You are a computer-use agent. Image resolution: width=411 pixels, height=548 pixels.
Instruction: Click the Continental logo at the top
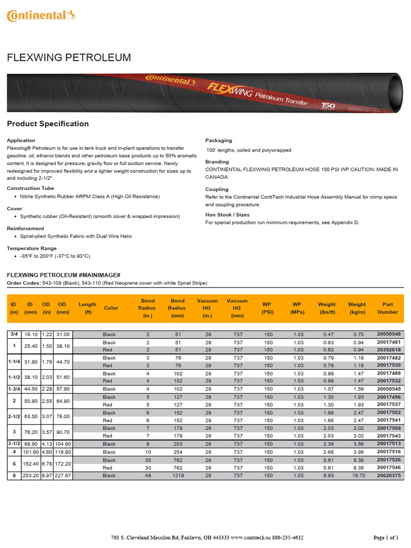pyautogui.click(x=41, y=16)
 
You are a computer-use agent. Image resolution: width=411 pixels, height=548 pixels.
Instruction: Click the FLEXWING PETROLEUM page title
pyautogui.click(x=68, y=58)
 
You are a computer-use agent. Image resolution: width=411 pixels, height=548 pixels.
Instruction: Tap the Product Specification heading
pyautogui.click(x=48, y=124)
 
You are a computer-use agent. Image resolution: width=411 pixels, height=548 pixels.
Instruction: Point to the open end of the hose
pyautogui.click(x=395, y=85)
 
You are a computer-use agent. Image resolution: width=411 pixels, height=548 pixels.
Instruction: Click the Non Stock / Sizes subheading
pyautogui.click(x=227, y=215)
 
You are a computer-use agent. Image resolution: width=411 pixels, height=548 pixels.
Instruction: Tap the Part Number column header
pyautogui.click(x=387, y=308)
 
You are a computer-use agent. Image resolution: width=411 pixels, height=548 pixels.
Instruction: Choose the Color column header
pyautogui.click(x=111, y=308)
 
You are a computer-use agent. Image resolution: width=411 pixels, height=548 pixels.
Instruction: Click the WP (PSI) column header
pyautogui.click(x=268, y=308)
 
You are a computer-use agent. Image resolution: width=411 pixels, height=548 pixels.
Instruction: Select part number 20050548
pyautogui.click(x=389, y=334)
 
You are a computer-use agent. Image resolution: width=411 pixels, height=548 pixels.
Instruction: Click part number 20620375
pyautogui.click(x=389, y=475)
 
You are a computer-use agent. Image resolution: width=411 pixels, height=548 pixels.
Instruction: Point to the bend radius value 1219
pyautogui.click(x=177, y=475)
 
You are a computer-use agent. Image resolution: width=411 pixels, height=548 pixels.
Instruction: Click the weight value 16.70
pyautogui.click(x=357, y=475)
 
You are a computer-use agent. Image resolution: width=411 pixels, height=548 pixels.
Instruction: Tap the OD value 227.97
pyautogui.click(x=63, y=475)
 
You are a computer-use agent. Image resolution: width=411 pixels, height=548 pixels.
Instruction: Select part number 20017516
pyautogui.click(x=389, y=452)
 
